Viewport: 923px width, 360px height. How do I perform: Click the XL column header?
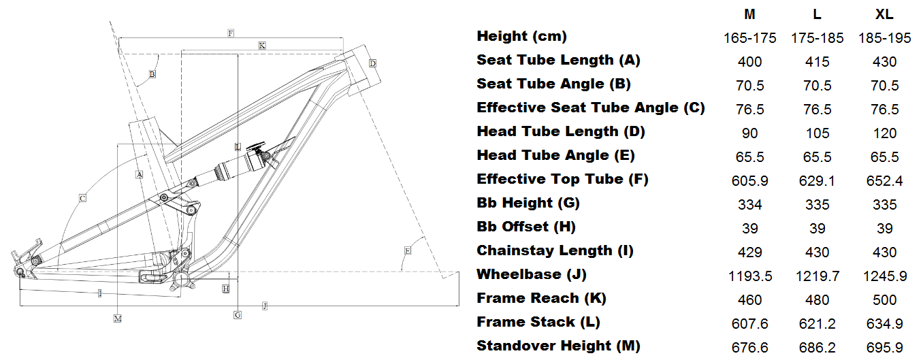(884, 14)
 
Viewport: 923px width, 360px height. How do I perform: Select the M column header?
(749, 14)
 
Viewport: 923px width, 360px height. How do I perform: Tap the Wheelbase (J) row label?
(531, 274)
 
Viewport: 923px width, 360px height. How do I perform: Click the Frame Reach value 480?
(817, 299)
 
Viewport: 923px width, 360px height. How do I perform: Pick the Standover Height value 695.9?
(884, 347)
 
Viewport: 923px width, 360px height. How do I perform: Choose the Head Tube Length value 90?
(749, 133)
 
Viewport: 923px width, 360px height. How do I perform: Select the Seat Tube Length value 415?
(817, 61)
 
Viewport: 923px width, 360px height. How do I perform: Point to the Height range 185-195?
(884, 38)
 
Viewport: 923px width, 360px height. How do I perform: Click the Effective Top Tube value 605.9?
(749, 180)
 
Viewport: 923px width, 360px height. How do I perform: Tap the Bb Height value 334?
(749, 204)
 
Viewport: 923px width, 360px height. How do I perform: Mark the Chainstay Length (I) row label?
(555, 250)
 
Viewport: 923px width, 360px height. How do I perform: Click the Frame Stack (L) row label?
(538, 322)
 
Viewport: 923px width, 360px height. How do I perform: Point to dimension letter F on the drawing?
(231, 33)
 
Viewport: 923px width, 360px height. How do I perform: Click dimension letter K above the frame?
(262, 45)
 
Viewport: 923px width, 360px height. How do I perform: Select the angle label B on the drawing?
(152, 73)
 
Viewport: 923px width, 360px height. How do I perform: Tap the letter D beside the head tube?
(372, 63)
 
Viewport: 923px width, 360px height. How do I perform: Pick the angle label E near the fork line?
(407, 250)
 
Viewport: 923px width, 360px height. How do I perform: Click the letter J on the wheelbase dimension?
(265, 306)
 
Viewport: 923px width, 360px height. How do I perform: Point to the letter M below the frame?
(118, 318)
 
